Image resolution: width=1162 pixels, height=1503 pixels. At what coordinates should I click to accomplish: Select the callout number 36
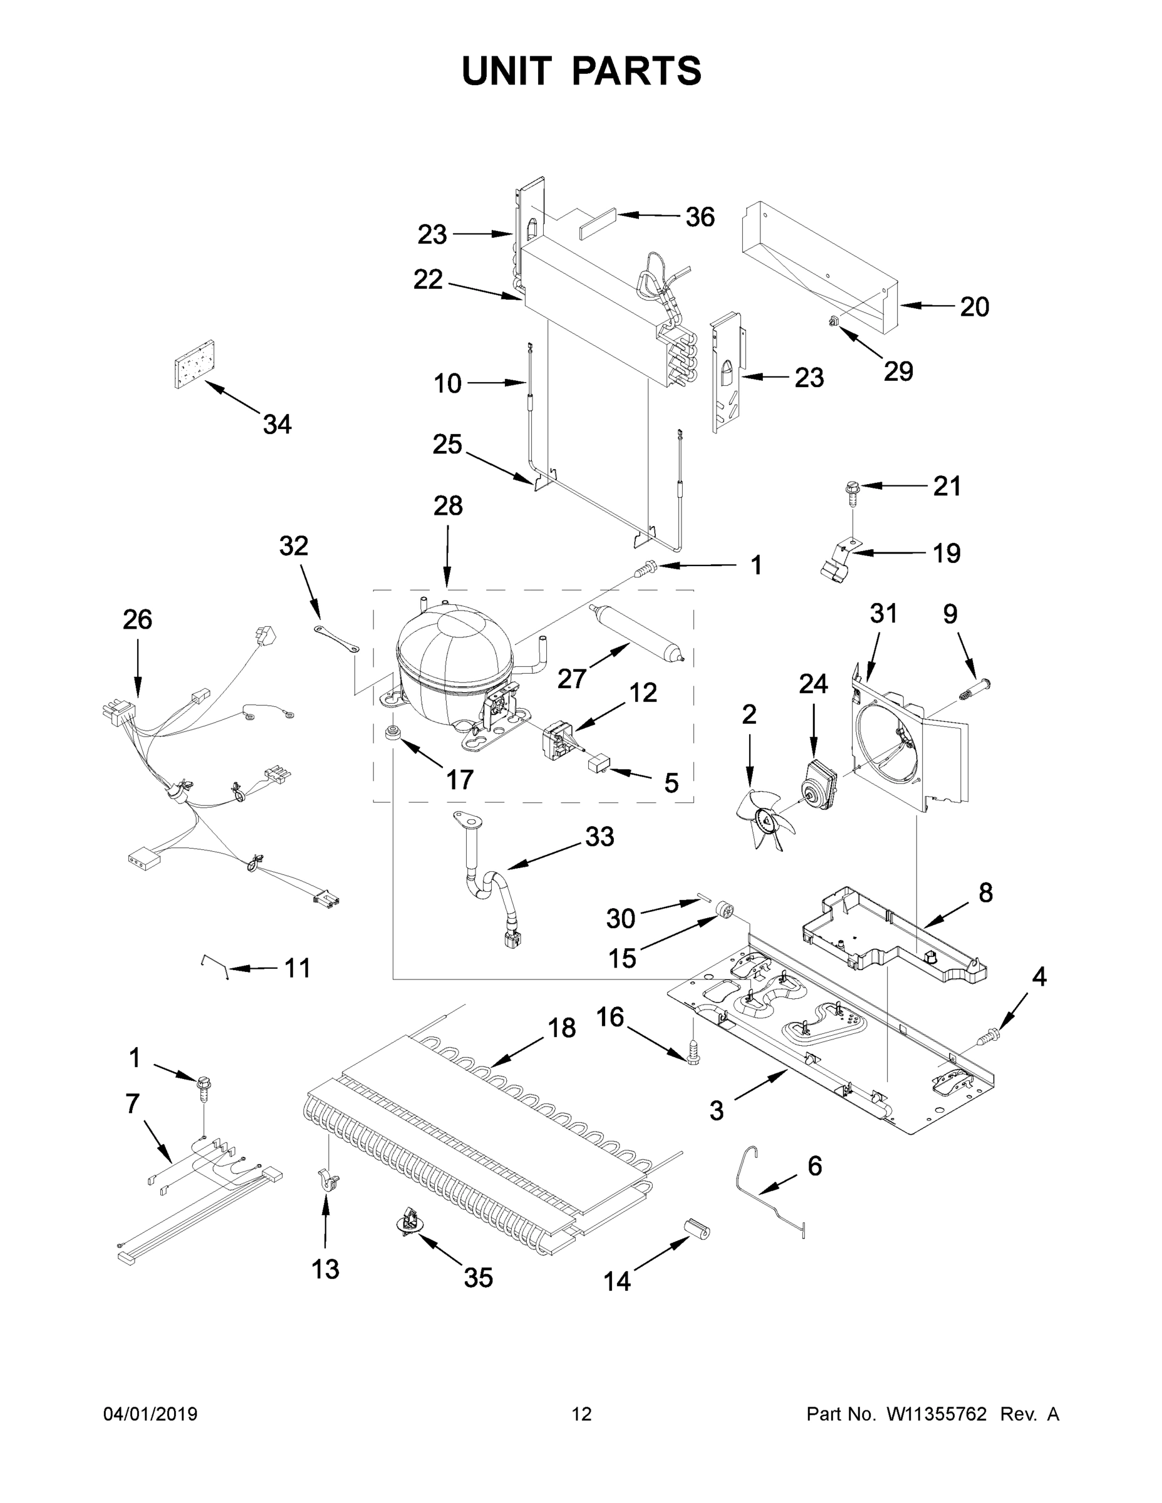click(700, 217)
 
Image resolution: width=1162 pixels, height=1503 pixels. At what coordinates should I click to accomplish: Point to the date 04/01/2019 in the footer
click(150, 1414)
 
